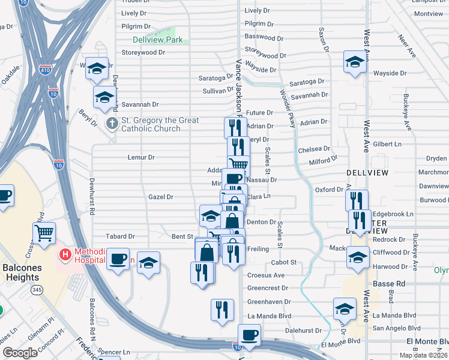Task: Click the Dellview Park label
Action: coord(157,40)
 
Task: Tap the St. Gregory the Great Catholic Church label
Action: coord(160,124)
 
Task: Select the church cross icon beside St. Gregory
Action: coord(112,124)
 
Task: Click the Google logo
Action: coord(20,353)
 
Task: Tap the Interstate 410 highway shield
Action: coord(44,67)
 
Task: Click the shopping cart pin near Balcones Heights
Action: coord(44,233)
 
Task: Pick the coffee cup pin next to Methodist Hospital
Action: coord(118,259)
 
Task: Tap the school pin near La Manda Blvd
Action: coord(345,309)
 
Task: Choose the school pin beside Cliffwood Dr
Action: coord(358,257)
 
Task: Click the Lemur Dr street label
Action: coord(141,157)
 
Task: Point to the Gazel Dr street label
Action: coord(160,197)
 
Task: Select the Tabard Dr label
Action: coord(120,236)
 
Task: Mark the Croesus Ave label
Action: coord(266,275)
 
